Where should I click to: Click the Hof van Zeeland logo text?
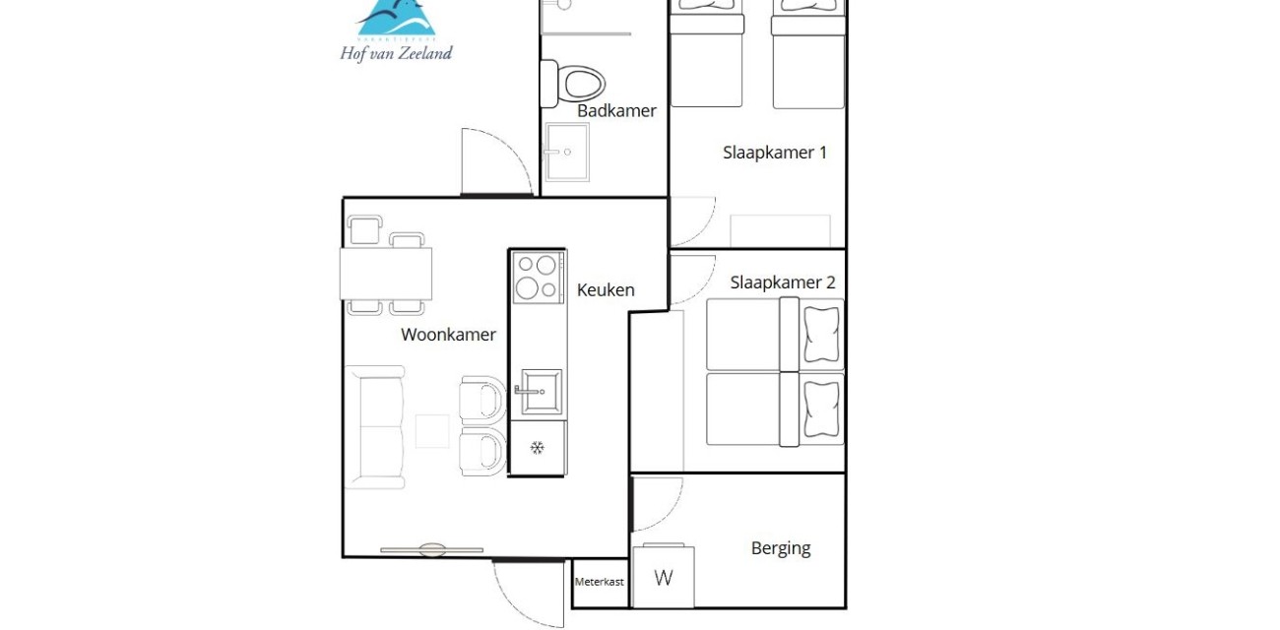tap(396, 53)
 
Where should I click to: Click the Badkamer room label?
tap(616, 111)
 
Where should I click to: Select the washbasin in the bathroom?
tap(567, 153)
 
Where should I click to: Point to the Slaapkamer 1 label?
tap(775, 153)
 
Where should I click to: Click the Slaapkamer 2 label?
tap(783, 283)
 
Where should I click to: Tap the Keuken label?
tap(606, 289)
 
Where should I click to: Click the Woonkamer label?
tap(448, 335)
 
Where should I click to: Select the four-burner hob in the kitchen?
tap(538, 276)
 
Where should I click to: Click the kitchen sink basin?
tap(540, 391)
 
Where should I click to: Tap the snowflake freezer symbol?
tap(538, 448)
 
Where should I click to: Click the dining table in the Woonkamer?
tap(386, 274)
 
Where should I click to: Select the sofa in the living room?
tap(375, 427)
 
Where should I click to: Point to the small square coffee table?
tap(432, 431)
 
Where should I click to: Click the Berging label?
tap(781, 548)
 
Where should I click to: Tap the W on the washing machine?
tap(664, 578)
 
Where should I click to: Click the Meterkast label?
tap(600, 582)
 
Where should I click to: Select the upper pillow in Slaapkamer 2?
tap(822, 335)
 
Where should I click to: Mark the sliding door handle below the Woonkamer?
tap(431, 549)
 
